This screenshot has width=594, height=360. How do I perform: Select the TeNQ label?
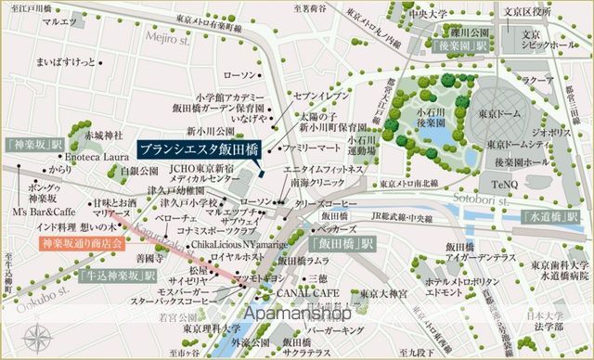(511, 184)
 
